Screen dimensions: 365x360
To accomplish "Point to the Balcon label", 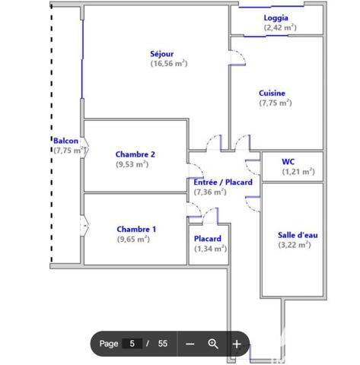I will [65, 141].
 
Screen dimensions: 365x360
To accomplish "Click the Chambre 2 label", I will [135, 154].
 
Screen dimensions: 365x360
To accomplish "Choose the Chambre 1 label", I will [136, 229].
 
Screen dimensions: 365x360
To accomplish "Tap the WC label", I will [288, 161].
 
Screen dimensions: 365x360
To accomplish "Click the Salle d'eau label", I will [298, 235].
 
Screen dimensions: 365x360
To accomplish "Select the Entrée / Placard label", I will [223, 182].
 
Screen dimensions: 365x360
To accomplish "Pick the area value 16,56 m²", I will [168, 64].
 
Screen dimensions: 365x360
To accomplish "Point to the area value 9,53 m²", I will [132, 164].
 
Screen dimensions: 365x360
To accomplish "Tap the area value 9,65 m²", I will [133, 239].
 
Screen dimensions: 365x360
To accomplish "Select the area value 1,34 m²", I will [209, 249].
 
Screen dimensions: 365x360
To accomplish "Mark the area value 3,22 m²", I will [295, 245].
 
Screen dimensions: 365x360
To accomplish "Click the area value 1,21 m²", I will [298, 171].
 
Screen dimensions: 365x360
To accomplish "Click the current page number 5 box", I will [132, 344].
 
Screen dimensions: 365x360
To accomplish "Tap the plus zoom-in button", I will [237, 344].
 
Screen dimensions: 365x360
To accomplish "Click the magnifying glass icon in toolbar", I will [213, 344].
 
